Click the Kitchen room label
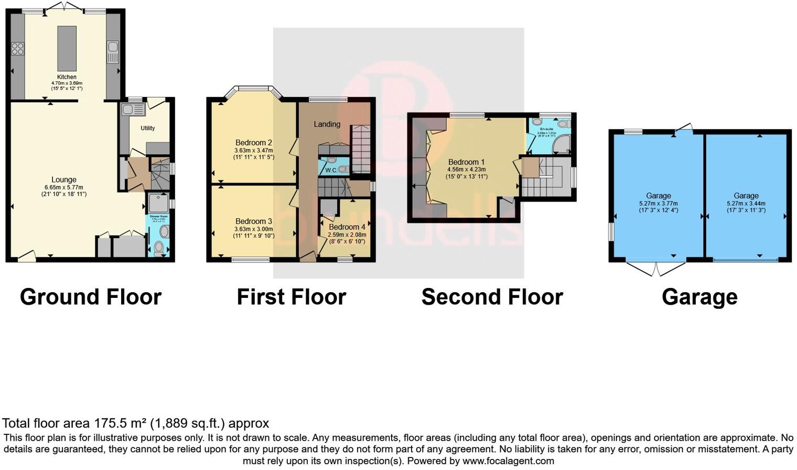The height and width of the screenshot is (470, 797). tap(67, 77)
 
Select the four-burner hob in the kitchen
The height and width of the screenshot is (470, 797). tap(17, 49)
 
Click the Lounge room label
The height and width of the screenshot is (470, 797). tap(64, 179)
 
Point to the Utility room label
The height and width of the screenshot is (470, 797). tap(147, 128)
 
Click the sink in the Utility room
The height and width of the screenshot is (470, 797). tap(133, 110)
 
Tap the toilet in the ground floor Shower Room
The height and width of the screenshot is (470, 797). tap(158, 247)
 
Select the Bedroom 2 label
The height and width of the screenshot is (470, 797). tap(254, 143)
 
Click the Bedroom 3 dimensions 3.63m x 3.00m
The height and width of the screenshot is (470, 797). tap(254, 229)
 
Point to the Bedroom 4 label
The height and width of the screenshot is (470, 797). tap(347, 227)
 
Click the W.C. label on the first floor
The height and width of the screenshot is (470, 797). tap(331, 170)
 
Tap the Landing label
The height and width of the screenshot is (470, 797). tap(327, 124)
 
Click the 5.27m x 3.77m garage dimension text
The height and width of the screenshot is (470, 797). tap(658, 204)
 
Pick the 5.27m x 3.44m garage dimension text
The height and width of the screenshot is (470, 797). tap(746, 204)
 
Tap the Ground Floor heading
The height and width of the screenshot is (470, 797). tap(91, 297)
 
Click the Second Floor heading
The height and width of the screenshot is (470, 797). tap(492, 297)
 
